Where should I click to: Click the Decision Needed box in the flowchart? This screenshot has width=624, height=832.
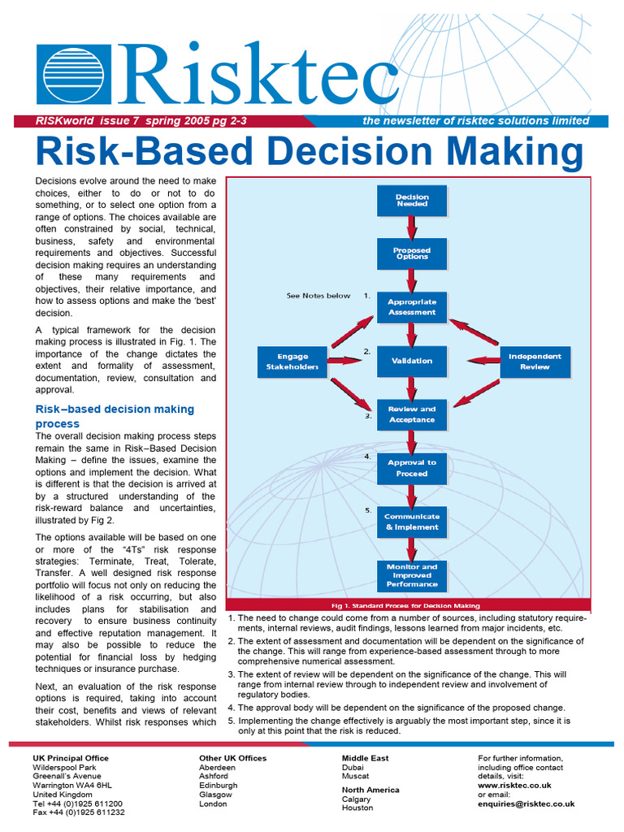pyautogui.click(x=412, y=201)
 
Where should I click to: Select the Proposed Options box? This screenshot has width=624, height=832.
pyautogui.click(x=412, y=254)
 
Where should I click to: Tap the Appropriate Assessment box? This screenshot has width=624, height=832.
pyautogui.click(x=412, y=307)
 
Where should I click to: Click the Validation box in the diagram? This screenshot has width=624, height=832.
pyautogui.click(x=412, y=361)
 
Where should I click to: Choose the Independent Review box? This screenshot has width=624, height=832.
pyautogui.click(x=535, y=362)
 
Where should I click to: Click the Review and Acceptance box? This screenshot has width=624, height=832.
pyautogui.click(x=412, y=414)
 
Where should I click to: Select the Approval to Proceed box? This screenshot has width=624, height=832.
pyautogui.click(x=412, y=468)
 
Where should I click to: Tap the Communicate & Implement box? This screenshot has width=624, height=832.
pyautogui.click(x=412, y=522)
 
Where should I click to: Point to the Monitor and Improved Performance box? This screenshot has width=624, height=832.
pyautogui.click(x=412, y=575)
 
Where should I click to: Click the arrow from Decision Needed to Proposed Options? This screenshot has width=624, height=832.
pyautogui.click(x=412, y=227)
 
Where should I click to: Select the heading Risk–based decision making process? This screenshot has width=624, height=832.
pyautogui.click(x=115, y=416)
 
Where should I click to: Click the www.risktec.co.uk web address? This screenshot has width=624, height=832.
pyautogui.click(x=514, y=786)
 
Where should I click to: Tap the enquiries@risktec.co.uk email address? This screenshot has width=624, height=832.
pyautogui.click(x=526, y=804)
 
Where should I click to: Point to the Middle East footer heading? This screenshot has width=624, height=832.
pyautogui.click(x=365, y=758)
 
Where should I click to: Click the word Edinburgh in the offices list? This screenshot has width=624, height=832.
pyautogui.click(x=219, y=786)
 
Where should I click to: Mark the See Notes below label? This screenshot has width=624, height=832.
pyautogui.click(x=318, y=296)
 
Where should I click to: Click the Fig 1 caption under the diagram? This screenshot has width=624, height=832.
pyautogui.click(x=406, y=605)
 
